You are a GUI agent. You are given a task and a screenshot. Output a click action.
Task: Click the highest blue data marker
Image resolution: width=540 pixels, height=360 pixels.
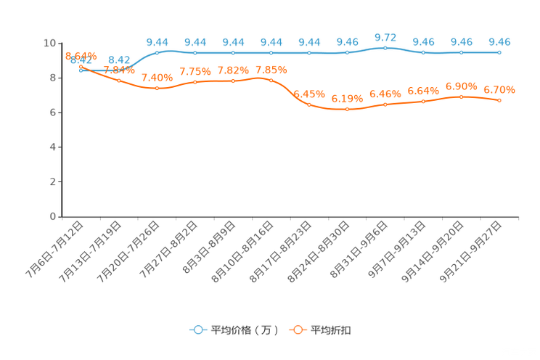click(385, 48)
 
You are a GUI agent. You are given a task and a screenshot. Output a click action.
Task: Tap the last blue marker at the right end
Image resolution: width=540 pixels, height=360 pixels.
click(499, 52)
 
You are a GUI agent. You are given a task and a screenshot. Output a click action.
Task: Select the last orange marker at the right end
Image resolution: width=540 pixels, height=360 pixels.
click(499, 100)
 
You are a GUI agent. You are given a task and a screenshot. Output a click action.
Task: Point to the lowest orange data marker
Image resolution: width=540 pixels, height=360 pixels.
click(347, 110)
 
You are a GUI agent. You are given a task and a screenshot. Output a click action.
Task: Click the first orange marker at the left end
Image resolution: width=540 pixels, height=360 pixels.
click(81, 66)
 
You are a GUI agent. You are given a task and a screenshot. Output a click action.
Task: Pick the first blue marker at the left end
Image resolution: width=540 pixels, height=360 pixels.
click(81, 70)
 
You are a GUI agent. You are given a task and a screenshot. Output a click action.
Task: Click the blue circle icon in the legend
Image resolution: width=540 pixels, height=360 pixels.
click(197, 330)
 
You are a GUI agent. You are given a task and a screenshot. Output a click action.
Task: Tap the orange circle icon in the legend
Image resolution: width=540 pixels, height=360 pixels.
click(297, 330)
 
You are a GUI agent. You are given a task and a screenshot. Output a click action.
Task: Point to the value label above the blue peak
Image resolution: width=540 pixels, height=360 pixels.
click(385, 36)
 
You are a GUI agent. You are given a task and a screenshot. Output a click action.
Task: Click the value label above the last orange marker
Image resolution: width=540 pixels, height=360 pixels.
click(499, 90)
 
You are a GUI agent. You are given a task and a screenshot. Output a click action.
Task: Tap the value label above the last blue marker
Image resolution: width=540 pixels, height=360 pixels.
click(499, 41)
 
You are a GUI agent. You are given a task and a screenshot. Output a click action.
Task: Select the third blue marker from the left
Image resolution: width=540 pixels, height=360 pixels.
click(157, 52)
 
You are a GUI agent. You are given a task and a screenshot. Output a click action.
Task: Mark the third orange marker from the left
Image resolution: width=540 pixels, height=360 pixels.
click(157, 88)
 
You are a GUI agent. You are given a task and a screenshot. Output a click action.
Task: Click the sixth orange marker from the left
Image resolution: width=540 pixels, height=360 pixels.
click(271, 78)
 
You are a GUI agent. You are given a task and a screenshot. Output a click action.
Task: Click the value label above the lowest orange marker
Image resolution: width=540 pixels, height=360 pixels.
click(347, 99)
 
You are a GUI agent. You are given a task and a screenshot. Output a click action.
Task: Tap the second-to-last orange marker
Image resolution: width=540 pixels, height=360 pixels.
click(461, 96)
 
